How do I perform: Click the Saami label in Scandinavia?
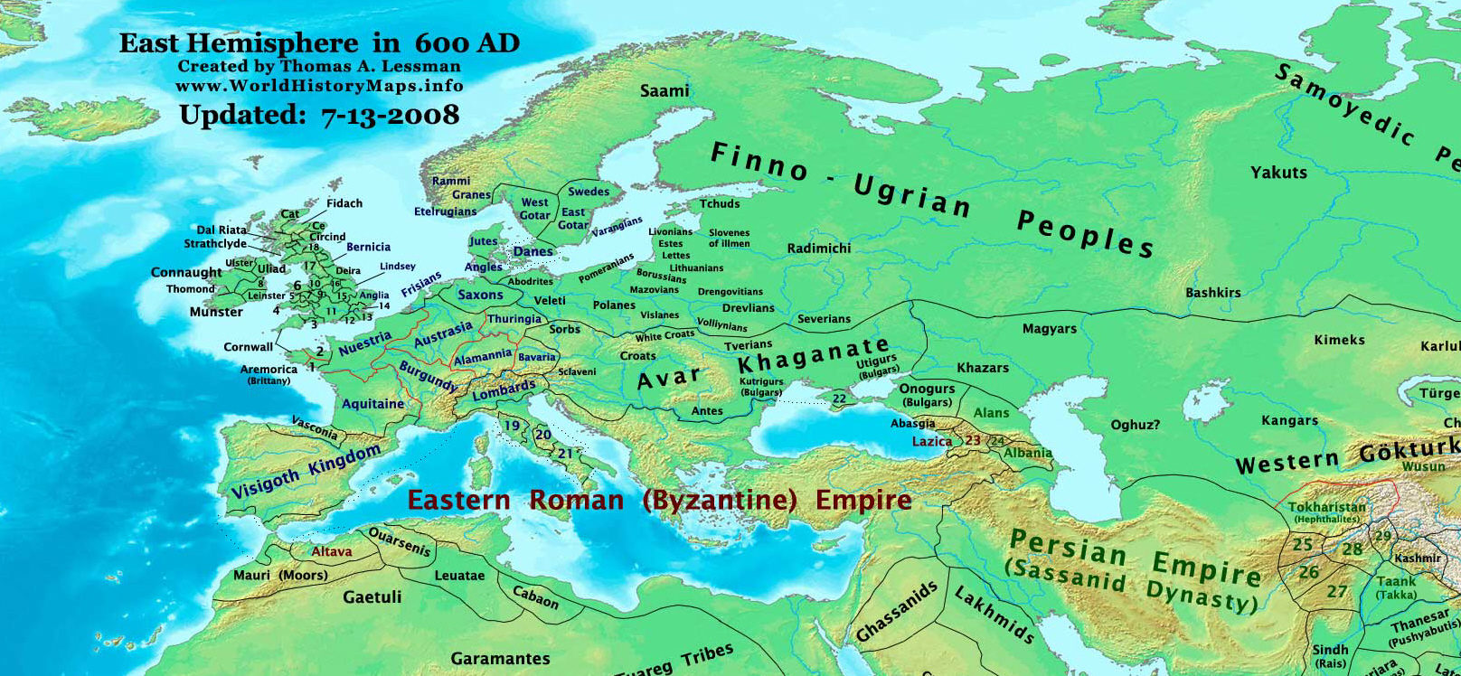(665, 90)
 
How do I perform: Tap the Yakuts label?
(1278, 172)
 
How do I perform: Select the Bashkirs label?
(1213, 292)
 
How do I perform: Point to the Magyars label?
(1050, 329)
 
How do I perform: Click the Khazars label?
(983, 368)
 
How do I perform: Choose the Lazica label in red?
(931, 441)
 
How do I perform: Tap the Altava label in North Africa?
(332, 551)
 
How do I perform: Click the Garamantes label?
(501, 658)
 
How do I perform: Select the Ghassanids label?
(896, 613)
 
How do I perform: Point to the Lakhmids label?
(994, 615)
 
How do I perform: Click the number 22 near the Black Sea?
(840, 399)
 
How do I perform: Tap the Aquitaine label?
(373, 404)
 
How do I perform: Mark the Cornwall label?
(248, 347)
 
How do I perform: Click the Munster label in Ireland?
(216, 312)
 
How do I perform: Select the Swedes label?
(589, 192)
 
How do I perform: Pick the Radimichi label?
(819, 248)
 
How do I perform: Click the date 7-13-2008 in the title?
(390, 116)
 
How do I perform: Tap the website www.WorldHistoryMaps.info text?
(319, 86)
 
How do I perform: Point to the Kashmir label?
(1417, 558)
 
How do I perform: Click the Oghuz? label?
(1135, 425)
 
